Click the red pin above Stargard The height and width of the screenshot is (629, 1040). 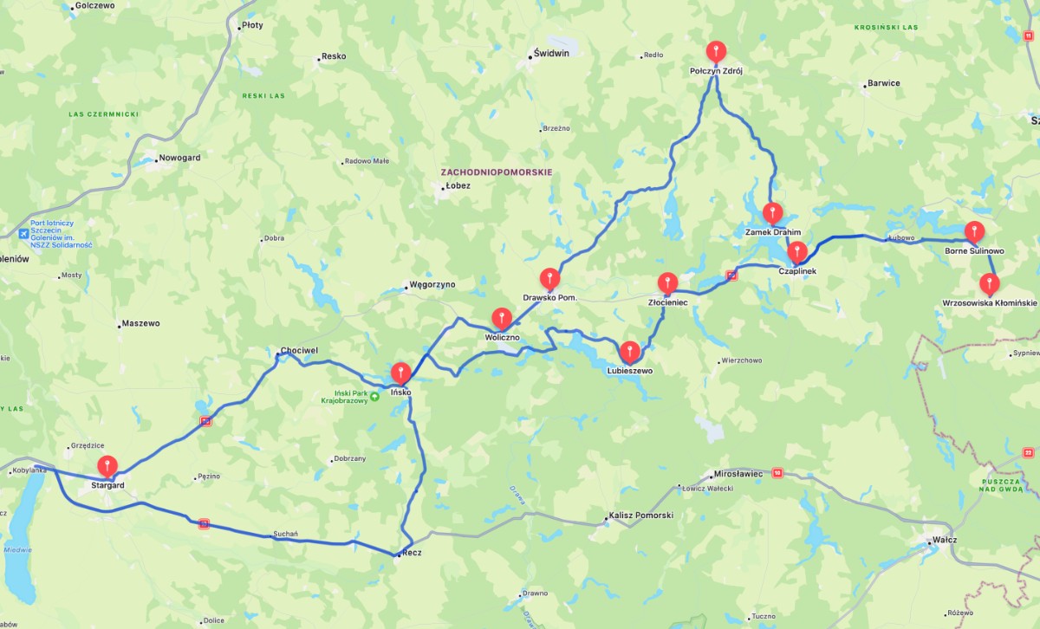click(107, 465)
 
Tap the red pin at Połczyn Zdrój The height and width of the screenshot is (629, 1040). click(716, 51)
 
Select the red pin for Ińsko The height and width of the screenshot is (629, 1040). click(400, 373)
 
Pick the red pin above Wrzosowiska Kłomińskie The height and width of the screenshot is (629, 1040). click(988, 283)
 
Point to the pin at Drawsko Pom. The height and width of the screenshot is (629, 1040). click(549, 278)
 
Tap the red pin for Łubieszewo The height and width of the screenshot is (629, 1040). click(630, 351)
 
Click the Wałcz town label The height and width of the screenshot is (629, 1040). click(943, 539)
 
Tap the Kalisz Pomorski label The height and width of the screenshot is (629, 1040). click(640, 516)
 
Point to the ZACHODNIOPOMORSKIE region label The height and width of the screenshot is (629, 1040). click(496, 172)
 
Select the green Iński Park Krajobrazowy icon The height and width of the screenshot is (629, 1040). click(374, 397)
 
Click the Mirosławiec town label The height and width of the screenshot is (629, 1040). click(737, 474)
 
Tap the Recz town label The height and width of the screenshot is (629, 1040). click(410, 553)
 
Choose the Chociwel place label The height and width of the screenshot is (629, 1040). click(299, 351)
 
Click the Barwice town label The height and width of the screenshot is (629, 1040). click(882, 84)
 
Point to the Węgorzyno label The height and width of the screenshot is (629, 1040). click(432, 284)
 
